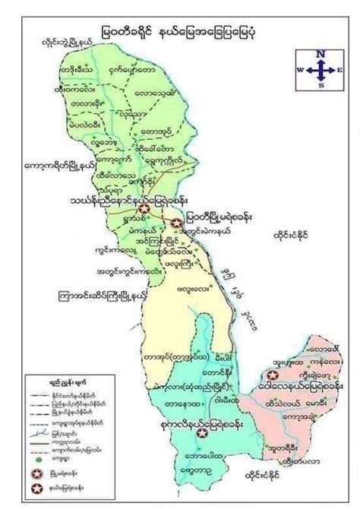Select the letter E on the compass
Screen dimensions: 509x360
point(339,69)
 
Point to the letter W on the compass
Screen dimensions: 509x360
point(301,69)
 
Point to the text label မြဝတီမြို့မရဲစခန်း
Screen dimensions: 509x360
point(222,216)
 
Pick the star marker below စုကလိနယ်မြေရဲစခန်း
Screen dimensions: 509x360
point(201,433)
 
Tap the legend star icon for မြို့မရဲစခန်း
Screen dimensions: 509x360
point(36,473)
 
